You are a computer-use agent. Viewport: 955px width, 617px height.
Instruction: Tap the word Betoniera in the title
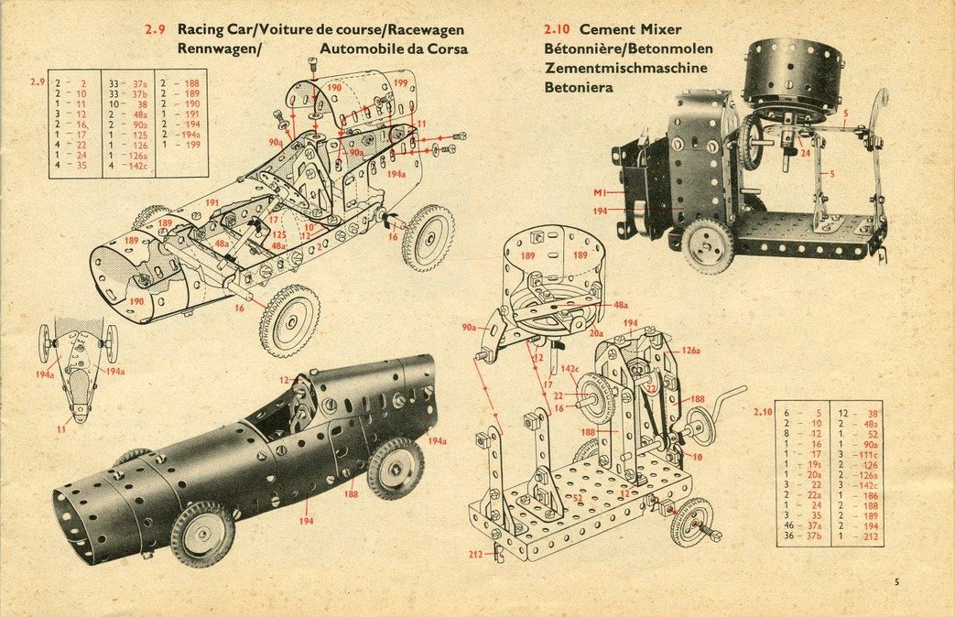coord(579,87)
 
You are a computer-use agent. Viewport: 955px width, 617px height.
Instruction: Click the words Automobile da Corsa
coord(394,49)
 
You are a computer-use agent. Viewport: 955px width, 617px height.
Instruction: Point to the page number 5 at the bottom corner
coord(897,580)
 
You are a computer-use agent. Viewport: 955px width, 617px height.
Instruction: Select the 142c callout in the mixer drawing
coord(570,370)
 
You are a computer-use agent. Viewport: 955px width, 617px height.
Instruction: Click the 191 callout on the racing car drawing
coord(212,203)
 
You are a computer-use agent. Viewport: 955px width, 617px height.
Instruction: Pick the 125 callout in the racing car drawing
coord(278,235)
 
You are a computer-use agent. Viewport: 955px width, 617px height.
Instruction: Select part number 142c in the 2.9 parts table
coord(138,166)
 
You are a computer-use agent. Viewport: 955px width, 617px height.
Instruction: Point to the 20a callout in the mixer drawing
coord(596,333)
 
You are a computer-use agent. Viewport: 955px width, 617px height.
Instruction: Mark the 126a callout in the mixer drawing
coord(690,350)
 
